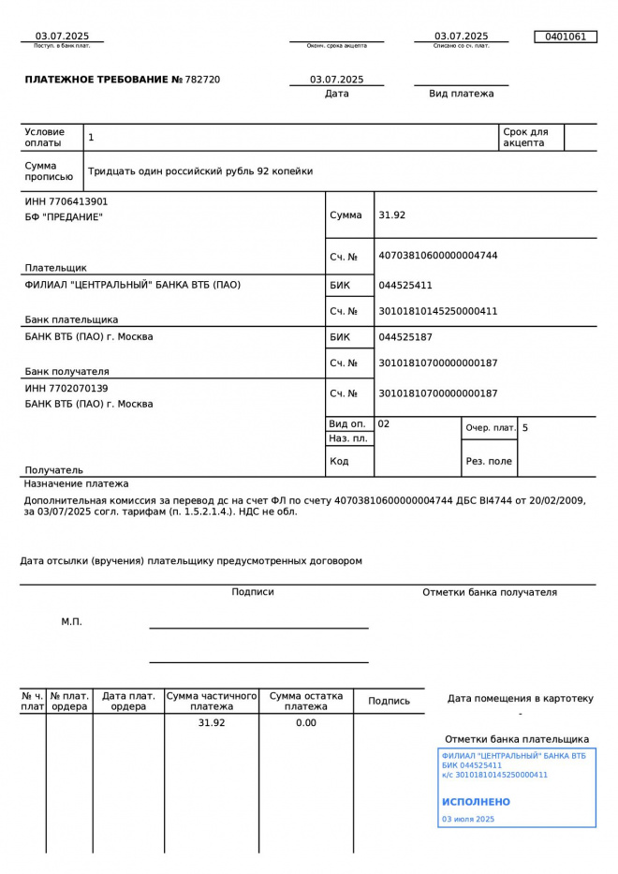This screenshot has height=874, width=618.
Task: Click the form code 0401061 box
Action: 565,37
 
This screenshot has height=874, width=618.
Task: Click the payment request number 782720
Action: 203,80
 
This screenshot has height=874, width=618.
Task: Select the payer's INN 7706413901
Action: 66,201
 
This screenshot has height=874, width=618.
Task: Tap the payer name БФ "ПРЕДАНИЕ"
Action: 64,217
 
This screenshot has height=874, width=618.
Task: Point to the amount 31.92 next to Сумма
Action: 391,215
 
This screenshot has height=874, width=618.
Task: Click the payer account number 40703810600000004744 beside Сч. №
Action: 437,256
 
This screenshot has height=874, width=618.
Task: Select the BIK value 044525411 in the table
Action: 405,286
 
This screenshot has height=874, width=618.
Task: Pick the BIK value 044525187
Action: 405,337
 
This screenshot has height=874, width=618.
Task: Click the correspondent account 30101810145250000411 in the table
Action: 437,311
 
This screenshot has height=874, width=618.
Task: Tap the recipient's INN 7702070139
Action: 66,388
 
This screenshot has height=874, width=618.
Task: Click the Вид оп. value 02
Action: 384,424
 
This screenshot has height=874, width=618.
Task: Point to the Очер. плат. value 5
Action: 525,428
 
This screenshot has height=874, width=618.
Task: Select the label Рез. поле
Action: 489,461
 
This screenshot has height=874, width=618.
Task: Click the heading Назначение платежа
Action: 76,484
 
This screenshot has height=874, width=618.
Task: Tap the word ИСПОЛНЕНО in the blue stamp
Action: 476,802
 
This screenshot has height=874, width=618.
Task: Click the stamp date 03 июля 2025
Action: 467,820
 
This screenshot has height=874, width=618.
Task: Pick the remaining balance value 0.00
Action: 305,723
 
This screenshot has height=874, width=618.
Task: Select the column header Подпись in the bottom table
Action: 389,701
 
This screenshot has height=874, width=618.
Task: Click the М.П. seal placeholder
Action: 71,621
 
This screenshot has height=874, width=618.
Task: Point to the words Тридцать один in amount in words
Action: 123,171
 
